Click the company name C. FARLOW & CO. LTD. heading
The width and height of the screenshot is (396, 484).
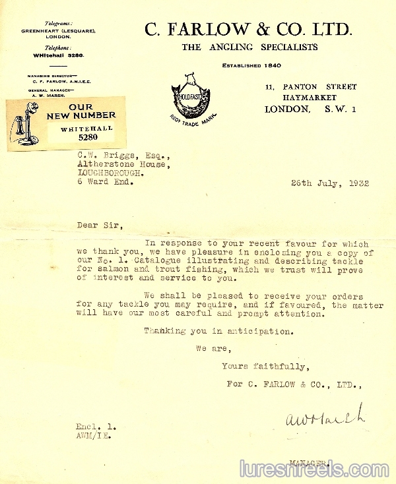249,29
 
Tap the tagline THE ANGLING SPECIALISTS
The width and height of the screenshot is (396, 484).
249,47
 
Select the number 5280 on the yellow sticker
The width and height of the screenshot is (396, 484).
87,138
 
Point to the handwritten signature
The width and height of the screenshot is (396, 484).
323,417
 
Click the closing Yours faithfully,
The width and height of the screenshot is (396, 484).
265,366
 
